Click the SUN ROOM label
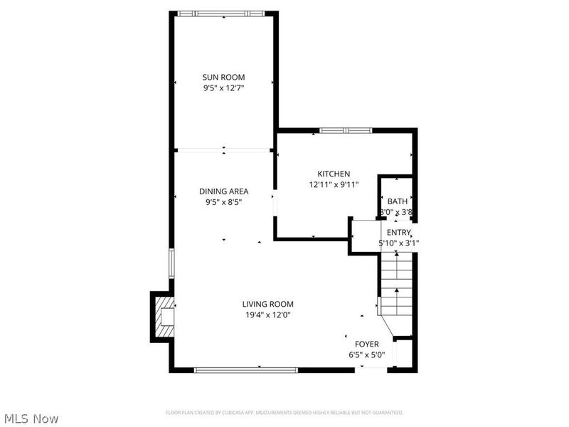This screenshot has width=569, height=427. pos(223,77)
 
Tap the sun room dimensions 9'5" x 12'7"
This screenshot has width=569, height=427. pos(223,88)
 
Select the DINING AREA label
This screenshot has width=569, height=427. pos(223,191)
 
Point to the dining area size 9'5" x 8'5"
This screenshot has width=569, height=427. pos(223,202)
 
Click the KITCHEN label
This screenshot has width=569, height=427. pos(334,174)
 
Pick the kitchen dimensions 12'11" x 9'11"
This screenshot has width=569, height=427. pos(334,185)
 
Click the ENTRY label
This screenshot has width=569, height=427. pos(398,232)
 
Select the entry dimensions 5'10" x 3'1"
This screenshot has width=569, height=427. pos(398,243)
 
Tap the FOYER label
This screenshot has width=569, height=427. pos(367,344)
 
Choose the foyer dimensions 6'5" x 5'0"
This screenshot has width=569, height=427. pos(367,354)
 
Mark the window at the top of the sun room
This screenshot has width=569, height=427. pos(222,13)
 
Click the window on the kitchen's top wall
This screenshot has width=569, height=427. pos(345,130)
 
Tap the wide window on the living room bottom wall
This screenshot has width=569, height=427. pos(246,369)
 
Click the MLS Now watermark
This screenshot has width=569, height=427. pos(31,418)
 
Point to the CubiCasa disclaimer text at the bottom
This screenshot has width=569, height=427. pos(284,413)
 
